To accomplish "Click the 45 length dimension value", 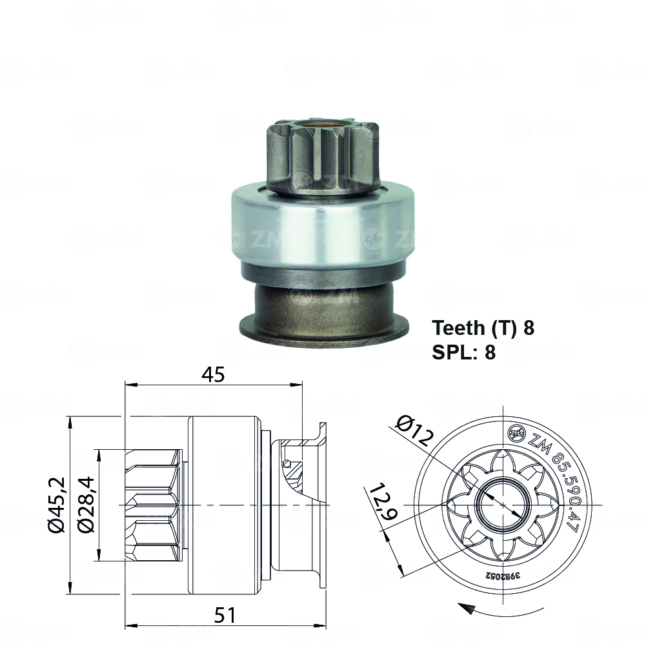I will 213,374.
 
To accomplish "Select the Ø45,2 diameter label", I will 57,505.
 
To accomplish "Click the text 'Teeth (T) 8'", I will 483,328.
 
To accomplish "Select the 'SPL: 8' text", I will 463,352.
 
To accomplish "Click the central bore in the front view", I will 503,504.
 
